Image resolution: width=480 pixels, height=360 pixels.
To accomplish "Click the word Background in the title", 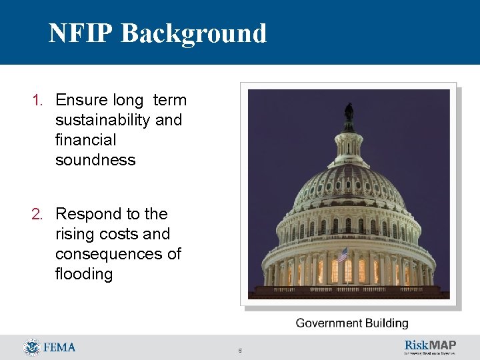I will (194, 33).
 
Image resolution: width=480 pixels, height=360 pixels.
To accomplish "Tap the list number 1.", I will (37, 101).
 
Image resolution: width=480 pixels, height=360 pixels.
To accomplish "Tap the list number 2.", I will (37, 215).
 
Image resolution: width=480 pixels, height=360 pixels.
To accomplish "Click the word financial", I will (85, 140).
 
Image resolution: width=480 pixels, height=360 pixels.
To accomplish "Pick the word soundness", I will (95, 160).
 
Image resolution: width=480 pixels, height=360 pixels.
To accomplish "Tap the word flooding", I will (84, 274).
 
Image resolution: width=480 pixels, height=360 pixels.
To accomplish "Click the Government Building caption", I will (351, 323).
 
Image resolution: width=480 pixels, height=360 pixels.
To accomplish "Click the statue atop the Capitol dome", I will (349, 113).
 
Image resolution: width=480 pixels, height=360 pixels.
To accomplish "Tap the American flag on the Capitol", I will (343, 254).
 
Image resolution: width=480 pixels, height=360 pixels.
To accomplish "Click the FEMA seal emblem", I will (31, 347).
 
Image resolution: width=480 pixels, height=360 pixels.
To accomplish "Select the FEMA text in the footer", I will (59, 347).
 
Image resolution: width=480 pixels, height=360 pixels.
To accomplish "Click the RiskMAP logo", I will (430, 346).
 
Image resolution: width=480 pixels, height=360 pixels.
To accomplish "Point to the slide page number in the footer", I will (240, 350).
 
